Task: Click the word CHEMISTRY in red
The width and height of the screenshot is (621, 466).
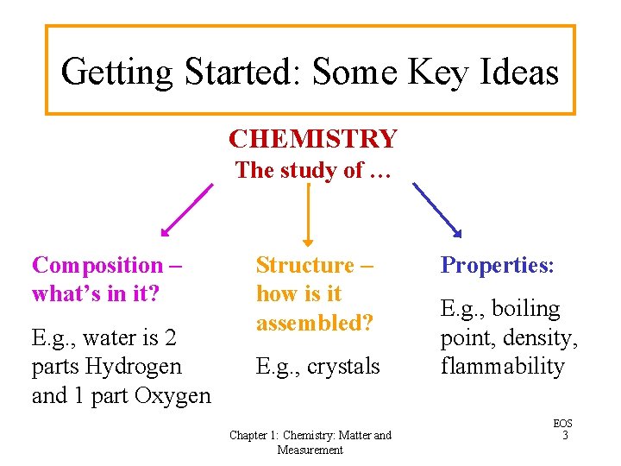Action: [312, 139]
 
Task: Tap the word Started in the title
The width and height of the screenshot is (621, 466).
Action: [240, 72]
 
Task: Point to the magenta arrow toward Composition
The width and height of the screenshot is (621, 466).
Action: [187, 210]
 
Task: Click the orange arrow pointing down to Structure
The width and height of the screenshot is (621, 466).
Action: [309, 216]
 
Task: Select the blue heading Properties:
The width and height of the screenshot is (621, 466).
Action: [497, 265]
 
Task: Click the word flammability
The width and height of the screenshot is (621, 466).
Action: [502, 366]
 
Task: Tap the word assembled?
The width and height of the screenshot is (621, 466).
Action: [314, 323]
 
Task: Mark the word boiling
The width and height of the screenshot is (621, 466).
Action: [526, 308]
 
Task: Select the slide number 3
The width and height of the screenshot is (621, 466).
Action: [564, 436]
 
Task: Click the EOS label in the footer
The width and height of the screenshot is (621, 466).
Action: [563, 424]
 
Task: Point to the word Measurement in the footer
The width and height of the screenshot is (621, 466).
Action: [310, 450]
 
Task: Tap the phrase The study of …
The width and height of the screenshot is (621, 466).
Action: [312, 170]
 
